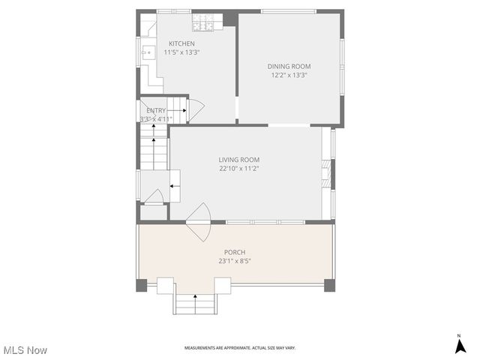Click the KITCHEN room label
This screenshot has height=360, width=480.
coord(182,43)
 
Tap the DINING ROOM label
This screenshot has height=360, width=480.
coord(289,66)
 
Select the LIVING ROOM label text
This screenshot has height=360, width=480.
coord(238,160)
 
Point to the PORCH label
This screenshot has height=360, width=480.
coord(235,252)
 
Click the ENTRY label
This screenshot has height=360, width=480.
coord(156,110)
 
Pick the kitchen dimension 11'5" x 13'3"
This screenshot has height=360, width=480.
coord(182,52)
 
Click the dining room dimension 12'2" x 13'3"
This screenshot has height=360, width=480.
coord(289,75)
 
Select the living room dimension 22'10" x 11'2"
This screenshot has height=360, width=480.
coord(238,169)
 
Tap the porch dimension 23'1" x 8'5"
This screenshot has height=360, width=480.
coord(235,261)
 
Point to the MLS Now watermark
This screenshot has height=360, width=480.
coord(25,350)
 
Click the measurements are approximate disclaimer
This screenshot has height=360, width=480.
coord(240,348)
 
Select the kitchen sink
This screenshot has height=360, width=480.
coord(148,52)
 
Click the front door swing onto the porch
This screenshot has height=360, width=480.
coord(199,222)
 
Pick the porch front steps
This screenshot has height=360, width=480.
coord(196,304)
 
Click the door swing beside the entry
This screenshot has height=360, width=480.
coord(194,111)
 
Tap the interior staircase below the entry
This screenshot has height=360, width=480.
coord(154,147)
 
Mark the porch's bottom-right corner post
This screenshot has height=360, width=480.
coord(329,285)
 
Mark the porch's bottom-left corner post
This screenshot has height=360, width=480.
coord(142,285)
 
